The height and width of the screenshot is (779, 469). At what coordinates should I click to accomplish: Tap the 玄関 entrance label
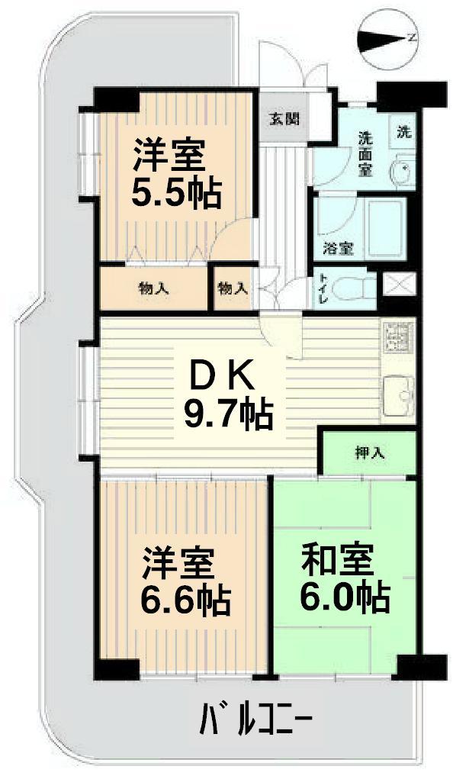(x=283, y=119)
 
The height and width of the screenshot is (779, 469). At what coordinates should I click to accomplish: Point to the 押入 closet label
(x=369, y=452)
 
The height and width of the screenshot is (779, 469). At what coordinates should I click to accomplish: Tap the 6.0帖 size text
(x=345, y=598)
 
